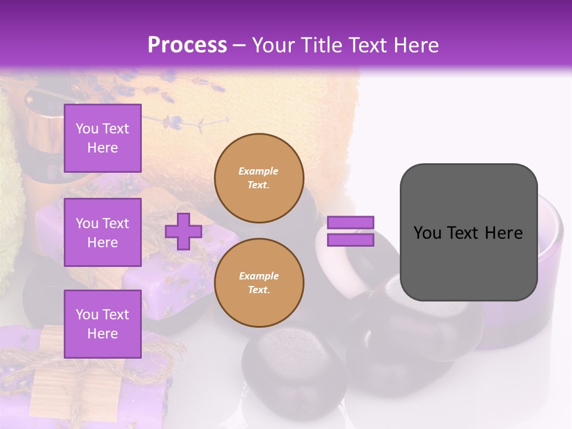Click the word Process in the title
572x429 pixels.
pos(187,45)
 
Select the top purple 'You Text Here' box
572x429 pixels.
pos(102,138)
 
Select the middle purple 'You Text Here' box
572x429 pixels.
pos(102,232)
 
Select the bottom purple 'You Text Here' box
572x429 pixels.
pos(102,324)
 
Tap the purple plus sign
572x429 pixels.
pos(183,231)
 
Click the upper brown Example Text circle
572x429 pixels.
pos(259,178)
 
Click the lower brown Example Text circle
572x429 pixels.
pos(259,282)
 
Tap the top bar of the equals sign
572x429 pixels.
pos(351,223)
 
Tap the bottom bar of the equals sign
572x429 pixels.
pos(351,240)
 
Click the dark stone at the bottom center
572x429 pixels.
pos(292,369)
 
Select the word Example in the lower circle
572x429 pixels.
pos(259,276)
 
